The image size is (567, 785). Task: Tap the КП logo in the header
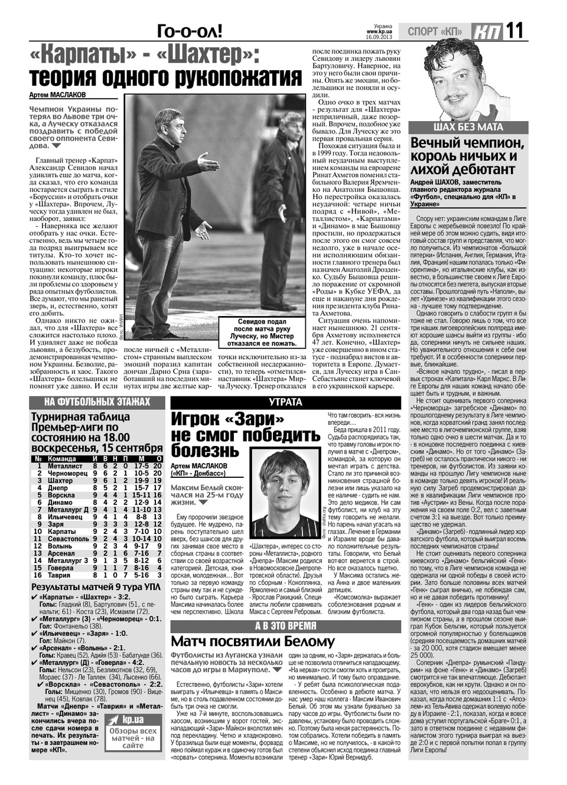point(485,31)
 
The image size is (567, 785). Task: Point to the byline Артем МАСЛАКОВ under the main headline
point(57,95)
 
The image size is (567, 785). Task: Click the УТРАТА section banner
point(285,402)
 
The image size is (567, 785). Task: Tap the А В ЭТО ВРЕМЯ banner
point(285,626)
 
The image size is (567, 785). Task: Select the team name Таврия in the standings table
point(60,575)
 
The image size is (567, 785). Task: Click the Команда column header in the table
point(61,458)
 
